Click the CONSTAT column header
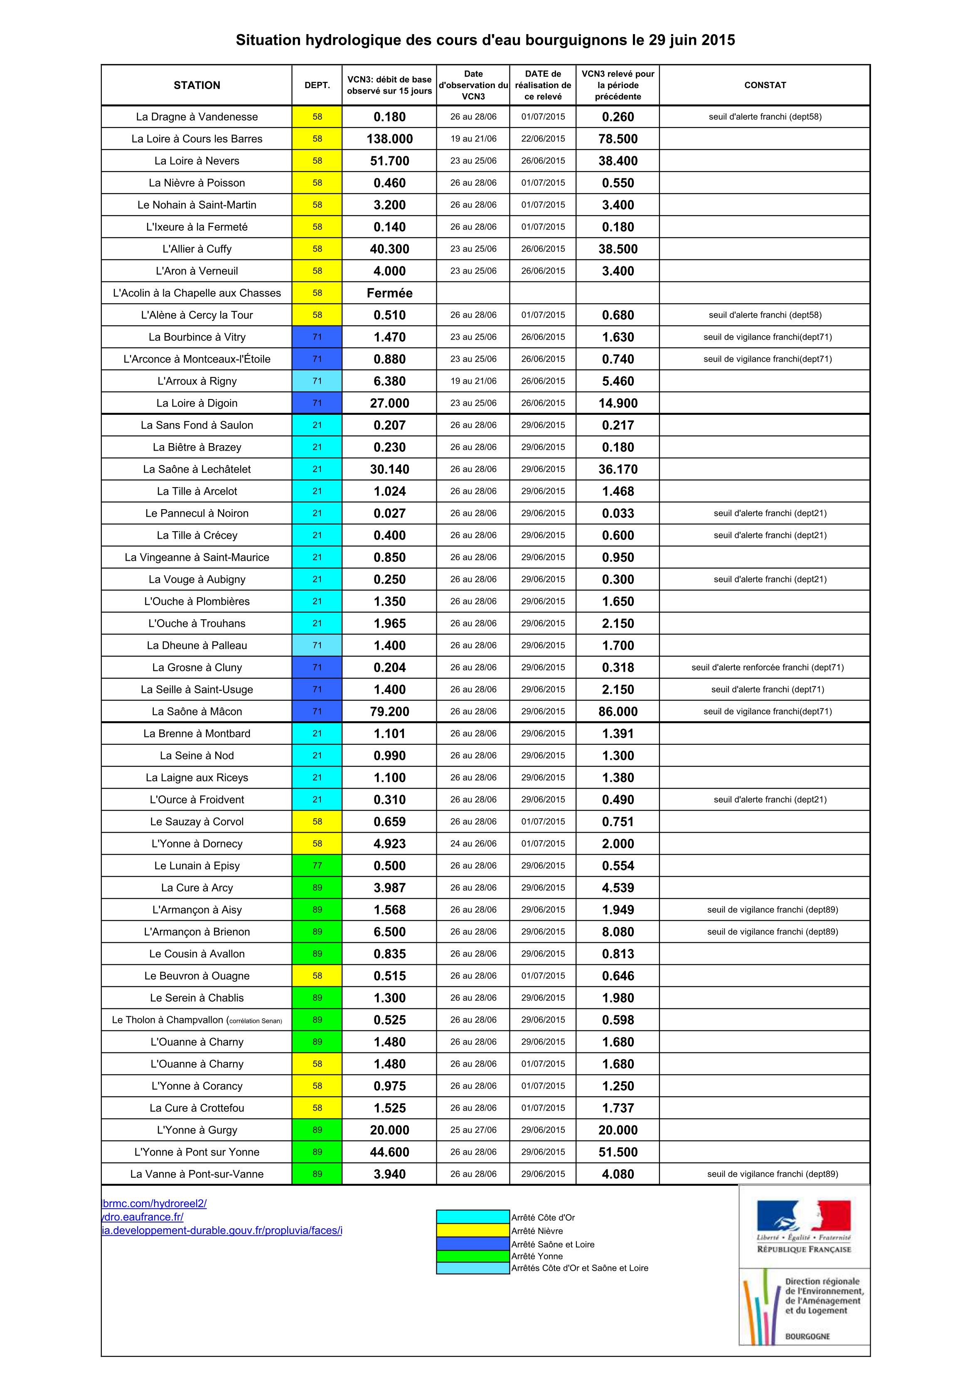click(765, 85)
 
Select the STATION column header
click(197, 85)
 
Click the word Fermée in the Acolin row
click(389, 293)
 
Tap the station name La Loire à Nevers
click(197, 160)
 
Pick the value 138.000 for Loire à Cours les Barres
click(389, 139)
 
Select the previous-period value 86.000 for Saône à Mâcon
click(618, 712)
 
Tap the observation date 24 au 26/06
click(473, 843)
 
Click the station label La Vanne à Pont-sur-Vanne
click(197, 1174)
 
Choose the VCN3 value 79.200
click(389, 712)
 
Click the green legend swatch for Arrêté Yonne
click(472, 1256)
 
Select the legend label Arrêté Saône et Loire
click(552, 1244)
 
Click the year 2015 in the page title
click(718, 40)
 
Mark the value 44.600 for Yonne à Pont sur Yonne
click(389, 1152)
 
